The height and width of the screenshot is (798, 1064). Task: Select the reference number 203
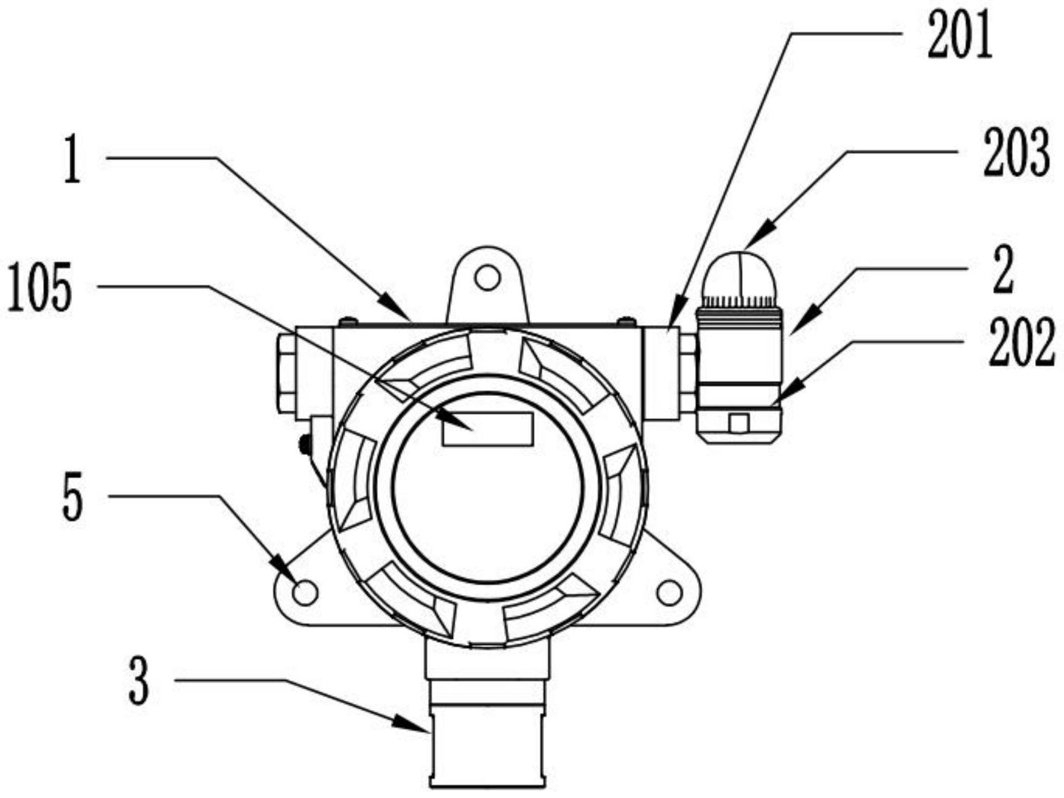[x=1015, y=153]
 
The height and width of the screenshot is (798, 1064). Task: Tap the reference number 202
[x=1021, y=344]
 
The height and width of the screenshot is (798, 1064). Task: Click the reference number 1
[x=73, y=159]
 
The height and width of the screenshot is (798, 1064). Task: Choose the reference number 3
[x=139, y=681]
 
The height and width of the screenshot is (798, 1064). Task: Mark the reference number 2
[x=1004, y=271]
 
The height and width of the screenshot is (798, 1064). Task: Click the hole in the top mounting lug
[x=487, y=278]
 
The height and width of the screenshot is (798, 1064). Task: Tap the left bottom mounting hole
[x=305, y=593]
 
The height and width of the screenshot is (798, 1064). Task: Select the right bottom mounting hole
[x=670, y=593]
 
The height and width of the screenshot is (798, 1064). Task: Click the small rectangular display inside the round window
[x=487, y=429]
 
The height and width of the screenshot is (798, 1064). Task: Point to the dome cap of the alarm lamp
[x=740, y=274]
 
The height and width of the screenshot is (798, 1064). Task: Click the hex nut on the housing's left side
[x=287, y=373]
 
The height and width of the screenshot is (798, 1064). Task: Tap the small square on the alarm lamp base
[x=738, y=424]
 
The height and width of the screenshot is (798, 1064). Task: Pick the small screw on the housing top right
[x=626, y=320]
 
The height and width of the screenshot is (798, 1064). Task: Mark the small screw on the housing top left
[x=348, y=320]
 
